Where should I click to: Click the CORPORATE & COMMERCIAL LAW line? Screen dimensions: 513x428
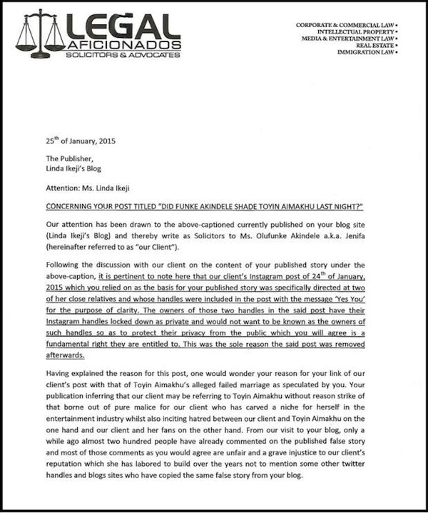tap(347, 25)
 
